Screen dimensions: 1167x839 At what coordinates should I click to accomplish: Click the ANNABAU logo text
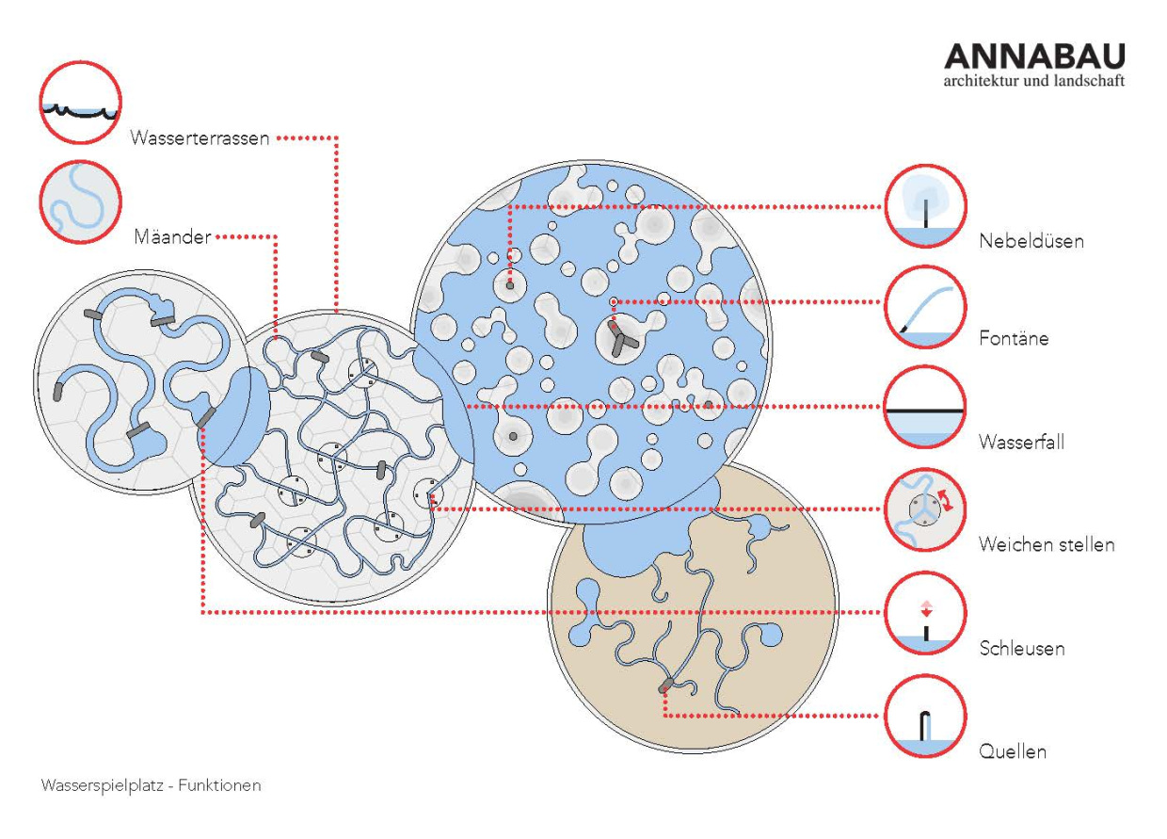[x=1034, y=56]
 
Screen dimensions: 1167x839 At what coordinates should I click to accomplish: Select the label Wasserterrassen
[x=200, y=138]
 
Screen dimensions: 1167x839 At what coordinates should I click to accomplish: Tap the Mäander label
[x=172, y=236]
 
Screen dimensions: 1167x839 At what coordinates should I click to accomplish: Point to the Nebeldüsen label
[x=1031, y=241]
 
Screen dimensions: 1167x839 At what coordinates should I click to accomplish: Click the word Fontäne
[x=1014, y=338]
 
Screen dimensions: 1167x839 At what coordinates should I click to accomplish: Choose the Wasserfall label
[x=1021, y=442]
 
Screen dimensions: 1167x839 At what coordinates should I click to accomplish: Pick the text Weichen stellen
[x=1047, y=544]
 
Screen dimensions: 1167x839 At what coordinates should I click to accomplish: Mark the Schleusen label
[x=1022, y=648]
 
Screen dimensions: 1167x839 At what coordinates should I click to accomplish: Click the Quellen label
[x=1013, y=751]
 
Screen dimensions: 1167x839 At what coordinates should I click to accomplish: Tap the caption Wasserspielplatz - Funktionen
[x=152, y=785]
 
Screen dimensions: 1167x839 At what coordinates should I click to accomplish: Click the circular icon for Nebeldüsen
[x=925, y=206]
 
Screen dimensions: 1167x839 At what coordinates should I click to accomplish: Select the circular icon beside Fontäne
[x=925, y=307]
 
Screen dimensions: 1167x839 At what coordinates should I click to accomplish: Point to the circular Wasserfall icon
[x=925, y=407]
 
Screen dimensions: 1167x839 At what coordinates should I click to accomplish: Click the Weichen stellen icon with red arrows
[x=925, y=509]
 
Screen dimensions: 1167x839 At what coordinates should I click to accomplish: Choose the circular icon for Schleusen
[x=925, y=613]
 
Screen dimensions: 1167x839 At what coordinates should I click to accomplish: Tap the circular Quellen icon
[x=925, y=716]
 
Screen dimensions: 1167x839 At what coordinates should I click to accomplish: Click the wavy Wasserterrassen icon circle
[x=80, y=102]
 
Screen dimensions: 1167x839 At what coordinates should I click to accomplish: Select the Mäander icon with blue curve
[x=80, y=202]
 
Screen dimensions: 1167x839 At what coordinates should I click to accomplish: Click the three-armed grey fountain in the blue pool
[x=621, y=339]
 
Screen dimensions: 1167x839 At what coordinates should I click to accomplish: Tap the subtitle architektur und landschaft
[x=1034, y=81]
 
